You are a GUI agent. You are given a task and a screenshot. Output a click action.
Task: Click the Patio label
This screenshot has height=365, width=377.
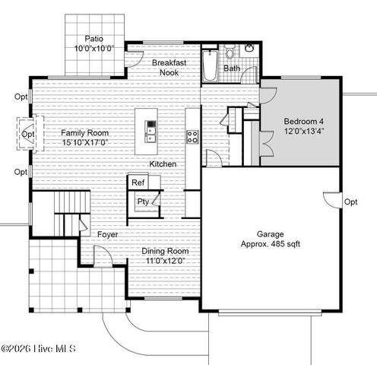(x=93, y=38)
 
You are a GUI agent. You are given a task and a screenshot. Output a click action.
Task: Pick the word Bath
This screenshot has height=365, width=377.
(x=232, y=68)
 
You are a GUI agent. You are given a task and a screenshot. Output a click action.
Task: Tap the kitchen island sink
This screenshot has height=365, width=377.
(x=150, y=135)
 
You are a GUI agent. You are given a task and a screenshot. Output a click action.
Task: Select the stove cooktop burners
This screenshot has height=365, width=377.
(x=193, y=137)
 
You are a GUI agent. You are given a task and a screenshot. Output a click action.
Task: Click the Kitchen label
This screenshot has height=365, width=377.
(x=163, y=164)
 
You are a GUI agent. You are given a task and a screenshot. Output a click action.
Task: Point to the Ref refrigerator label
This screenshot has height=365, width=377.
(x=138, y=182)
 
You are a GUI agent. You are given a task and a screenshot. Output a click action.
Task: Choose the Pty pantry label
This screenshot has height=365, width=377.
(x=142, y=202)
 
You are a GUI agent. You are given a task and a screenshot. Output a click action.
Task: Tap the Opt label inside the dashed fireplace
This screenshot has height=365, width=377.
(x=28, y=135)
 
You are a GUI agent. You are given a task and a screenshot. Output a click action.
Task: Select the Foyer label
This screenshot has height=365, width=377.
(x=108, y=235)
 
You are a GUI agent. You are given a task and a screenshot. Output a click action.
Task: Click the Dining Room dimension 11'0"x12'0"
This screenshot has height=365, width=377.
(x=165, y=261)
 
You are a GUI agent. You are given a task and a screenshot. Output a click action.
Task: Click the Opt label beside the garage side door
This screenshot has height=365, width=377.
(x=350, y=202)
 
